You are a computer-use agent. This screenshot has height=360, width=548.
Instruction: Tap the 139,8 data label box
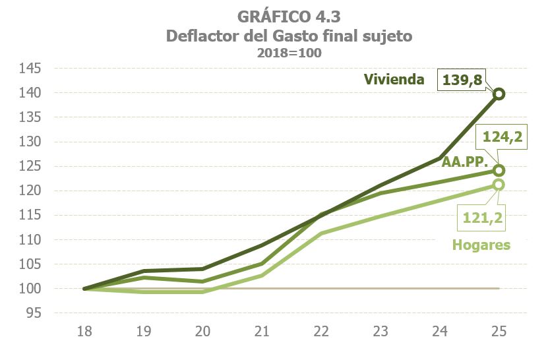[x=461, y=80]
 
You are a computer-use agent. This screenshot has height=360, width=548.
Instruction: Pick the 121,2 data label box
[x=479, y=218]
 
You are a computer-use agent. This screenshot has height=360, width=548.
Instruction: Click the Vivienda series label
[x=394, y=80]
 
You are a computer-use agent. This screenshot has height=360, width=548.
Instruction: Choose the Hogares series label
[x=481, y=245]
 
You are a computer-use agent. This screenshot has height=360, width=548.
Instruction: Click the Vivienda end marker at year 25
[x=499, y=94]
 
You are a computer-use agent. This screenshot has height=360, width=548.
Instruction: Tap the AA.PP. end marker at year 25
[x=499, y=170]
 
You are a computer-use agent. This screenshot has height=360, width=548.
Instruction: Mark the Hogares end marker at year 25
[x=499, y=185]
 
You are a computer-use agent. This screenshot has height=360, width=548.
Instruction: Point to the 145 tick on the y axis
[x=31, y=69]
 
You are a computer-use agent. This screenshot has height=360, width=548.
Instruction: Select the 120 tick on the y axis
[x=31, y=191]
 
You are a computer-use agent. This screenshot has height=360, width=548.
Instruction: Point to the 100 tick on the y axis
[x=31, y=289]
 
